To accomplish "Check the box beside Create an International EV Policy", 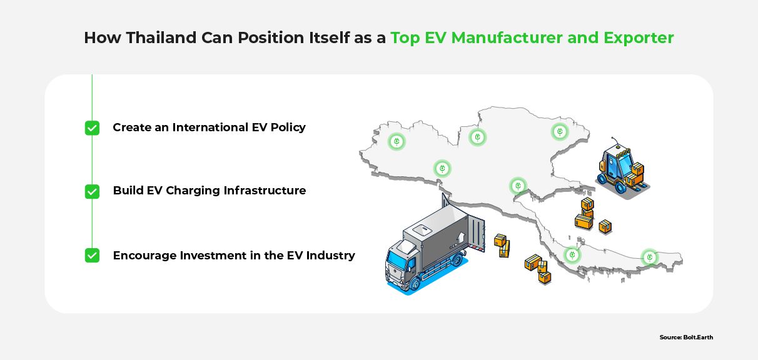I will (92, 128).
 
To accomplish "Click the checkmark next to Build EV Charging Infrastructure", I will (92, 191).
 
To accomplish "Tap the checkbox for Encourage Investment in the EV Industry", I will (92, 256).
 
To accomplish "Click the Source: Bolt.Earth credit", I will (686, 337).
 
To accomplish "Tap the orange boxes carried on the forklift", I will (637, 169).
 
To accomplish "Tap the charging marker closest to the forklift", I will (560, 132).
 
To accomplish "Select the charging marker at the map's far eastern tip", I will (650, 257).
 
